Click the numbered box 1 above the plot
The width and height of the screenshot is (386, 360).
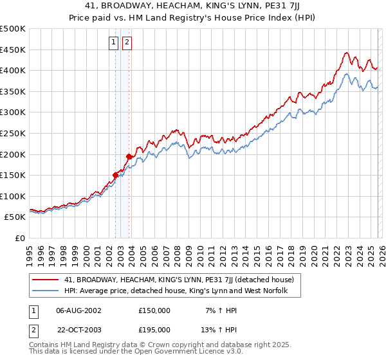click(113, 43)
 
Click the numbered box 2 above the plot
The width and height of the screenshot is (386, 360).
click(127, 43)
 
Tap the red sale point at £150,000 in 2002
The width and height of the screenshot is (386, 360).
click(116, 175)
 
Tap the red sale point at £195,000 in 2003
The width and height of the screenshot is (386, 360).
click(129, 156)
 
